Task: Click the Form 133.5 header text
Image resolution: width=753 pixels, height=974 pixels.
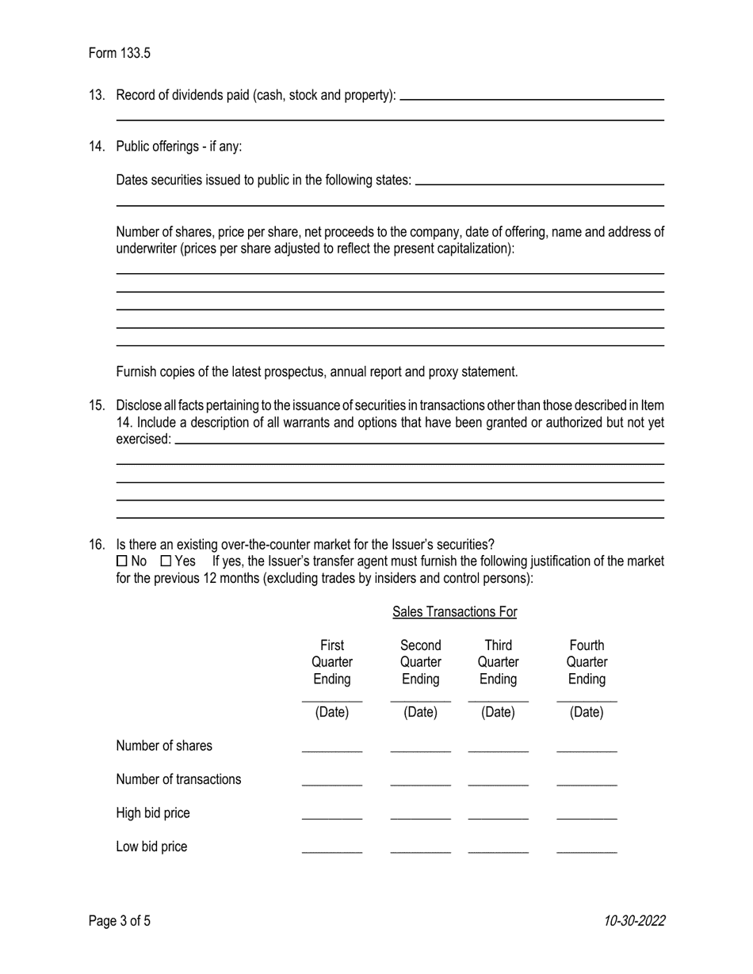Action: point(119,54)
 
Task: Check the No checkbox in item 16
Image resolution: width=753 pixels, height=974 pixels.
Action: point(121,561)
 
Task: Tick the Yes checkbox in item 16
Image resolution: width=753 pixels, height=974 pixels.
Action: point(166,561)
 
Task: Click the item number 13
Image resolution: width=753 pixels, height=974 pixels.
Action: point(97,95)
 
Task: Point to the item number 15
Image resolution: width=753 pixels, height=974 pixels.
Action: point(97,405)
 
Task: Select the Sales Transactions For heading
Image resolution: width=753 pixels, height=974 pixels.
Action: point(454,611)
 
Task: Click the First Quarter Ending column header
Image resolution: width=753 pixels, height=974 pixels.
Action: point(331,662)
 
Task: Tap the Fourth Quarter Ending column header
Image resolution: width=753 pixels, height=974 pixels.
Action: point(587,662)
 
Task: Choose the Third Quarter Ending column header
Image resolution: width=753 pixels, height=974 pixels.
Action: point(498,662)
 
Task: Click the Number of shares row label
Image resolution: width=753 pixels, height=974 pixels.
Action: point(164,746)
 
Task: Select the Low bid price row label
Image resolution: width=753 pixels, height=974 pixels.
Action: point(151,847)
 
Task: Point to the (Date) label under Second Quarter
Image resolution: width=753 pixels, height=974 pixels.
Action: point(420,712)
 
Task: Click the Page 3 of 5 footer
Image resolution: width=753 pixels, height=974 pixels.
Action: point(119,921)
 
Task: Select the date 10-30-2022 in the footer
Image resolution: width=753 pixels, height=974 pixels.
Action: point(634,921)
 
